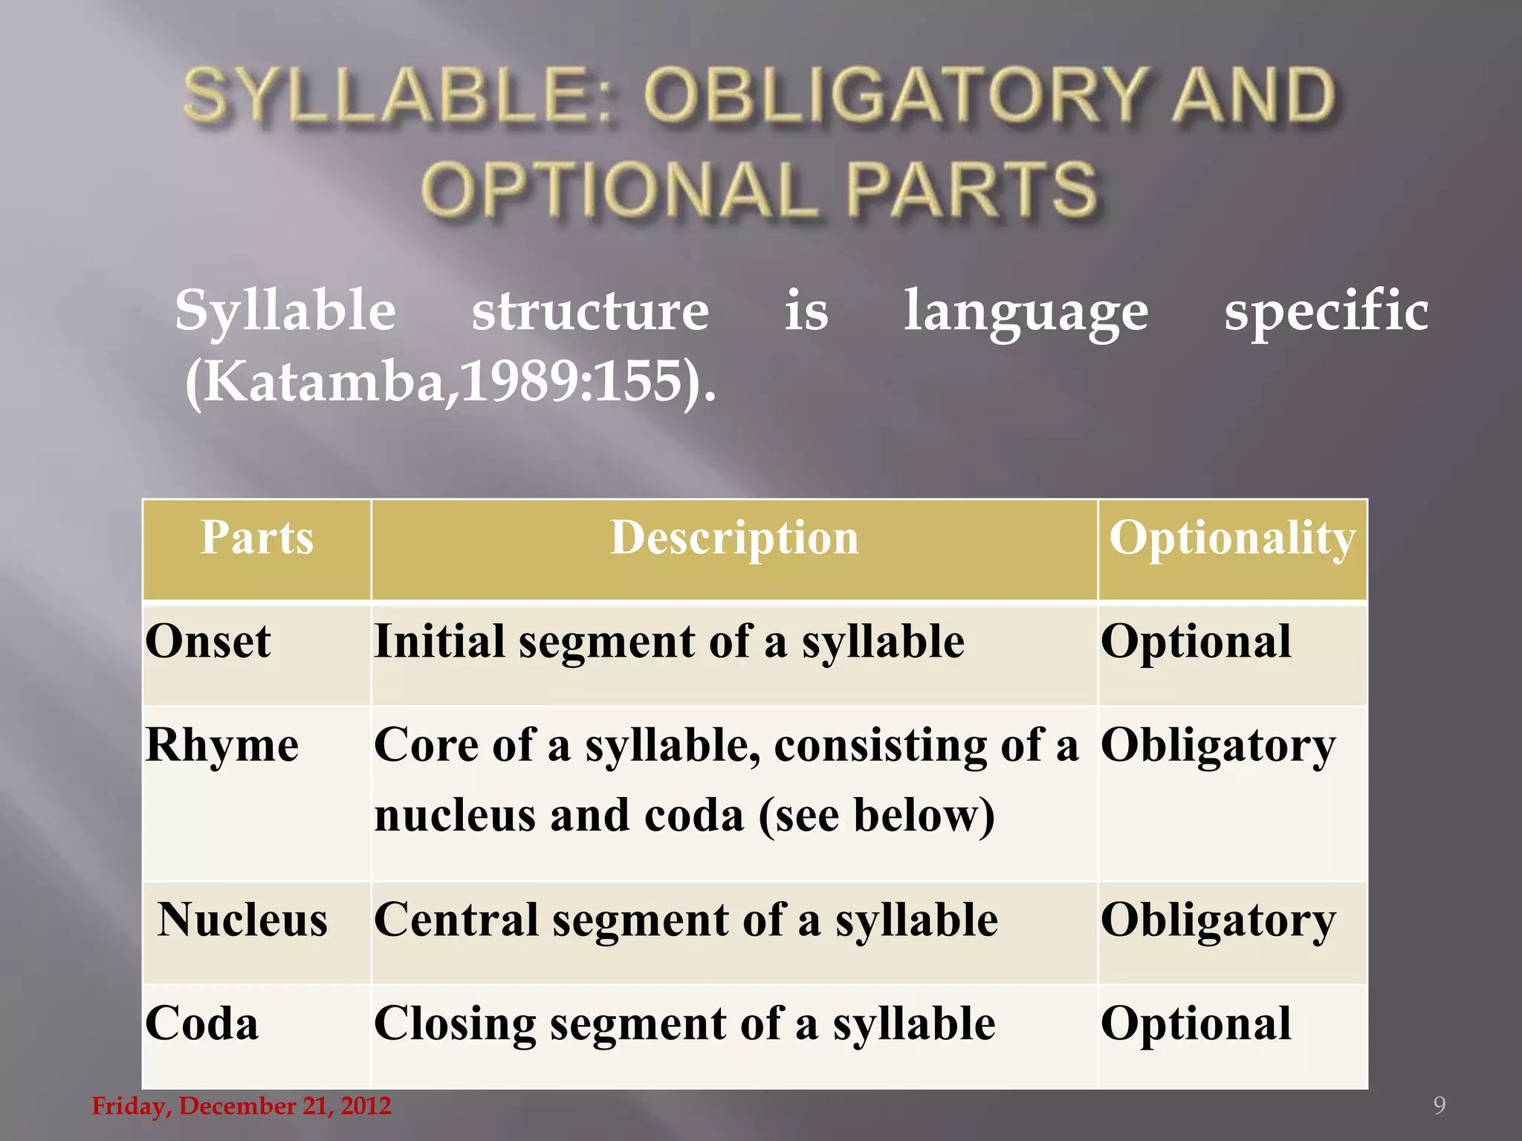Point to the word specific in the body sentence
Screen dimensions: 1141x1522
(1326, 311)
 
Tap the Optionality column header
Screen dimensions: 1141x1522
(1232, 539)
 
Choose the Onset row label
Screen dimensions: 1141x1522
(208, 641)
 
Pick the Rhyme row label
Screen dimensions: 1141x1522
(222, 745)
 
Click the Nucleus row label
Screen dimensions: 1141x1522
(242, 920)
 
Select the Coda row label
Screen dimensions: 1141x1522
(202, 1024)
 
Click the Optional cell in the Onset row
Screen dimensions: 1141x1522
(1196, 641)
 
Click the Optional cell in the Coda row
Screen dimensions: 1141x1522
(1196, 1024)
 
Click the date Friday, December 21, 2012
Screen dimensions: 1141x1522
(242, 1106)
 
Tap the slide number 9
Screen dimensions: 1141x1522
(1439, 1105)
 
